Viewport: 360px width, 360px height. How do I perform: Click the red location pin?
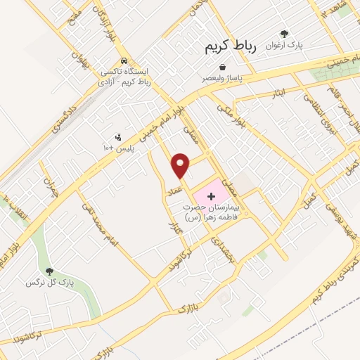click(181, 166)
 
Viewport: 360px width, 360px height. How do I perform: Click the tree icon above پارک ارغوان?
click(285, 34)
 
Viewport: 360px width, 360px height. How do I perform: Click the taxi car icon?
click(124, 61)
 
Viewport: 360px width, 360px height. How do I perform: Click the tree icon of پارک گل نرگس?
click(49, 271)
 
